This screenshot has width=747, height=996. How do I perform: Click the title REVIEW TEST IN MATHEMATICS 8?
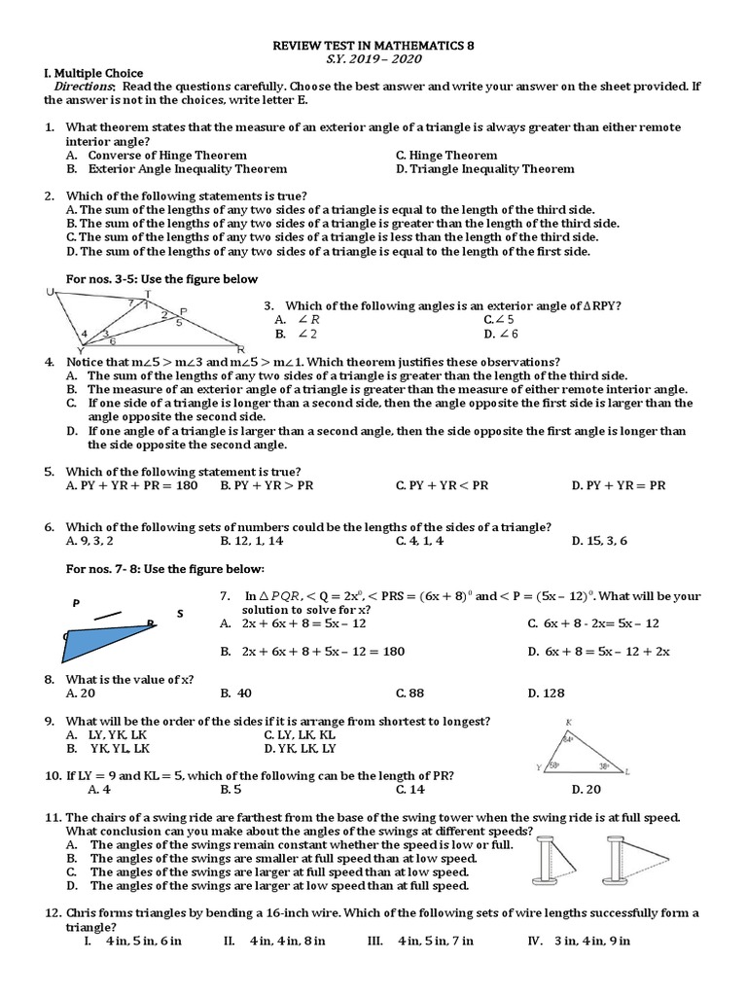(373, 46)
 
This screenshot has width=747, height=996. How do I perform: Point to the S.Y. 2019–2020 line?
(373, 59)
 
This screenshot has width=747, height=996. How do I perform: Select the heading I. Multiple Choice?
(93, 73)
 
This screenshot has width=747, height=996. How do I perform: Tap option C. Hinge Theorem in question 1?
(446, 155)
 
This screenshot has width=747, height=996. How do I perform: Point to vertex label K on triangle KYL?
(567, 723)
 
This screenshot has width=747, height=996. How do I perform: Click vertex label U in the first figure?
(49, 292)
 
